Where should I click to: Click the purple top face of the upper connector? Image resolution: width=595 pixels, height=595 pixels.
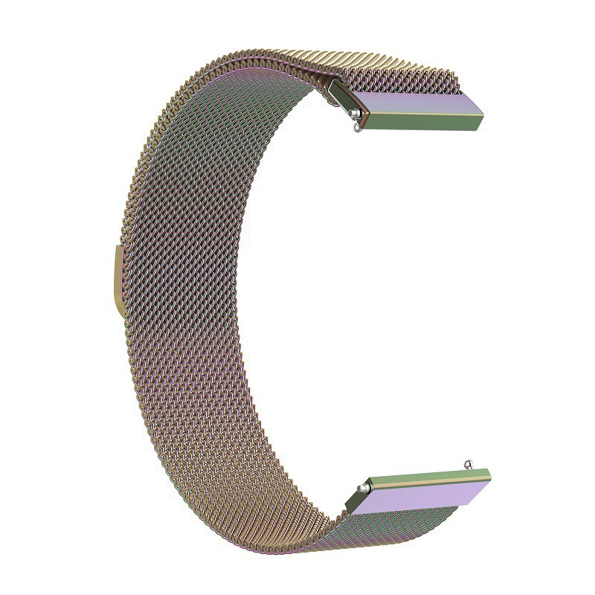(x=416, y=97)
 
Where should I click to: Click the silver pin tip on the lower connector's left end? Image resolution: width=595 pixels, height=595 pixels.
(x=361, y=487)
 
